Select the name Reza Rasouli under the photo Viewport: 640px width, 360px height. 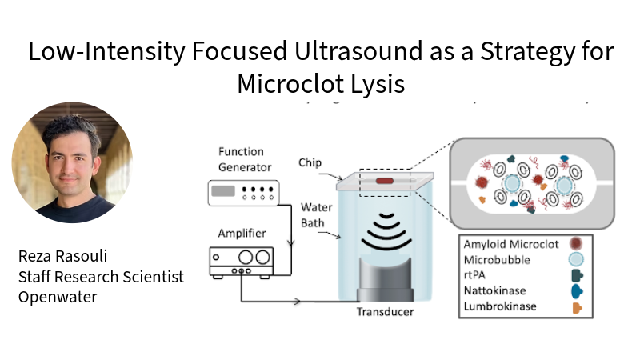pos(65,257)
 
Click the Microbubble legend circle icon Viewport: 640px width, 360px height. pos(574,259)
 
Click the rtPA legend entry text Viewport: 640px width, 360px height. pos(476,275)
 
